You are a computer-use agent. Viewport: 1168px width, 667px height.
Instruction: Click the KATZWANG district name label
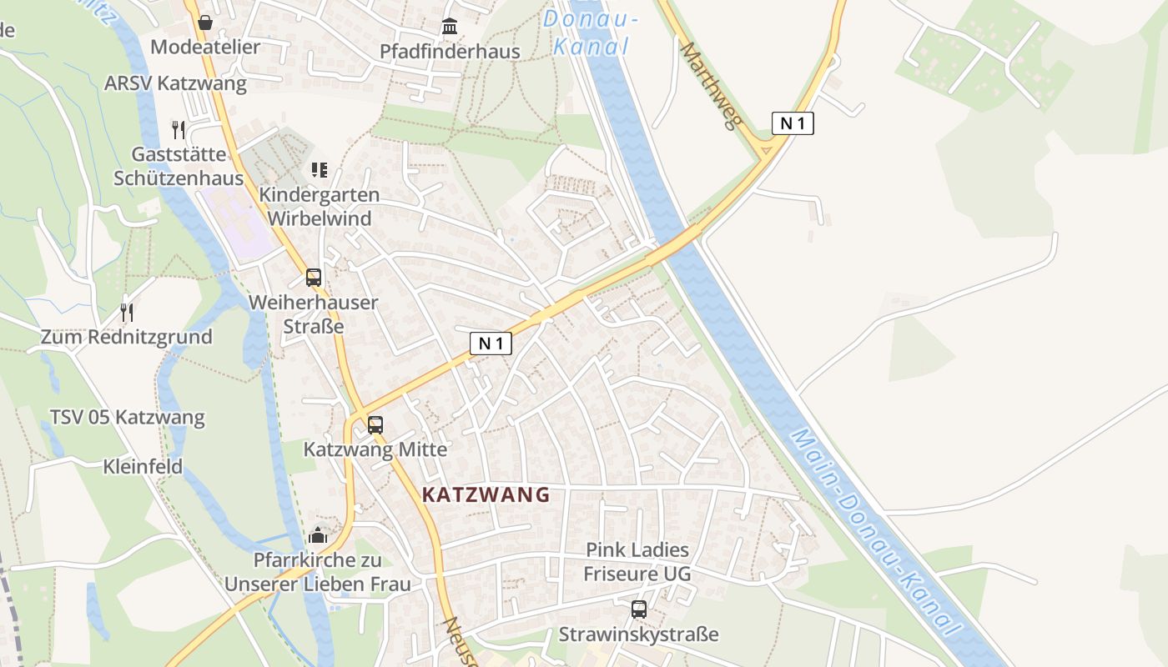tap(486, 494)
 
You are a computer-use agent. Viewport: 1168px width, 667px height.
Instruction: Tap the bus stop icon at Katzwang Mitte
tap(375, 424)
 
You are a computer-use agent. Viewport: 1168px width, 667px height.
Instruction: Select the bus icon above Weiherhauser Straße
tap(314, 278)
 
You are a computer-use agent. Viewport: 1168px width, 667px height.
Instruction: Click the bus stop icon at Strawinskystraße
tap(639, 609)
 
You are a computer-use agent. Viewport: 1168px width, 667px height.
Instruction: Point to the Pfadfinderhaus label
tap(450, 51)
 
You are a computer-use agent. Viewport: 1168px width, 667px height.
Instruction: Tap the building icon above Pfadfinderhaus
tap(451, 27)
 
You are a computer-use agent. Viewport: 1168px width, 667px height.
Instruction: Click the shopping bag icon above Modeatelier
tap(205, 23)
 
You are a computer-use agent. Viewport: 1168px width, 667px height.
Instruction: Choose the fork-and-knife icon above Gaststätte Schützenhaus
tap(178, 129)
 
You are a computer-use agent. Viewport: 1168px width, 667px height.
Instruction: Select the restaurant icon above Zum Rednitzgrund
tap(127, 313)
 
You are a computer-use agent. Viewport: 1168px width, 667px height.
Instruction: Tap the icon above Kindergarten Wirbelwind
tap(319, 170)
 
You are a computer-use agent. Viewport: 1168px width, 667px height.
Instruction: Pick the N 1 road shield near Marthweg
tap(792, 123)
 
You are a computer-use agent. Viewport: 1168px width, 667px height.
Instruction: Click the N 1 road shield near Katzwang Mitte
tap(491, 343)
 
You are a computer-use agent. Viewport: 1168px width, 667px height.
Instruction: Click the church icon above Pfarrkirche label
tap(318, 534)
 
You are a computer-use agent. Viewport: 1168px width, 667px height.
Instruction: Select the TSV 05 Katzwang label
tap(127, 417)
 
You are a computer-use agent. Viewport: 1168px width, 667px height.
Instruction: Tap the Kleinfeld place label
tap(143, 466)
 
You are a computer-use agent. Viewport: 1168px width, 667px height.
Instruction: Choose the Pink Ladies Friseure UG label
tap(637, 561)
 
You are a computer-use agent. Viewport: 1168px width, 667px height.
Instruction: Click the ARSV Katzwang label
tap(175, 83)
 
